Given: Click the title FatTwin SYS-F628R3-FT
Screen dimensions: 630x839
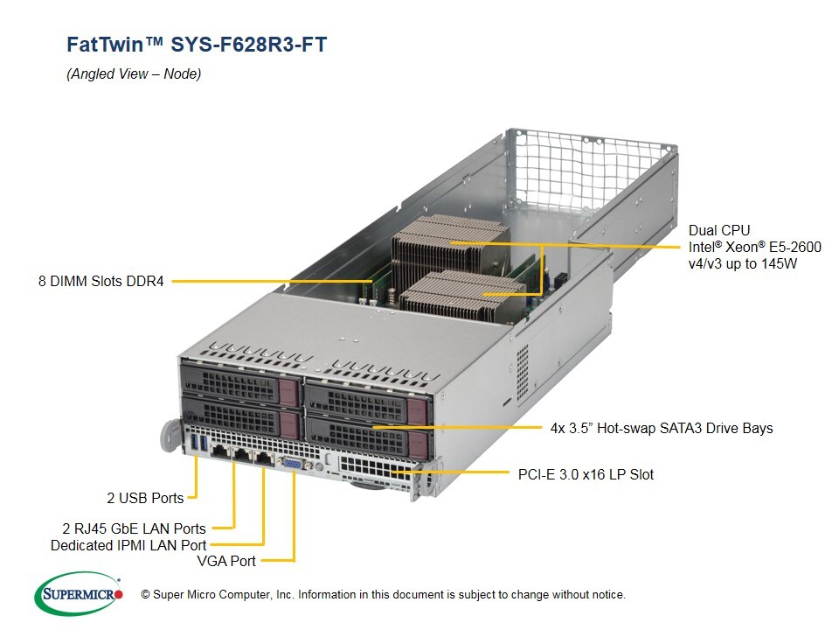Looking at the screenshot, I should pos(197,45).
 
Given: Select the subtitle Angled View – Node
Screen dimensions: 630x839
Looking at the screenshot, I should pos(134,74).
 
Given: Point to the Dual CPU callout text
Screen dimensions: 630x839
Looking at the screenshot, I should pos(718,231).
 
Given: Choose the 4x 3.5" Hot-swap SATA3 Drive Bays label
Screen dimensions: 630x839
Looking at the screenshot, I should pos(661,428).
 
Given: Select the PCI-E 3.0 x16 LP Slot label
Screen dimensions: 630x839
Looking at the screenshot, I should pos(580,474).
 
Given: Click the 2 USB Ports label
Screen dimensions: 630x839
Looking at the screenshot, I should pos(145,498).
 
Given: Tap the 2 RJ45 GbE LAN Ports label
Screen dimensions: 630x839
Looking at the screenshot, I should pos(134,528).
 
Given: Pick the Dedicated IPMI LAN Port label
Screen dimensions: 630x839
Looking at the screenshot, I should pos(128,545).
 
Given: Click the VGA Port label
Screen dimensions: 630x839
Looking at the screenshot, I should pos(226,561).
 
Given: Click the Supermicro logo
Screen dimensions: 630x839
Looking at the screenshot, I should pos(79,595).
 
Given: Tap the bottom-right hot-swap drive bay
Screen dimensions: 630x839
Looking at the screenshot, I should pos(371,431).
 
